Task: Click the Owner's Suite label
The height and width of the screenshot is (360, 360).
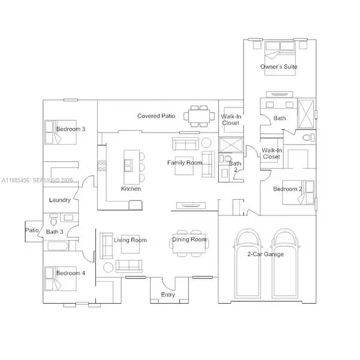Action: click(x=278, y=67)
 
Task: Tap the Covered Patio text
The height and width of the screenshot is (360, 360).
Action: click(x=156, y=116)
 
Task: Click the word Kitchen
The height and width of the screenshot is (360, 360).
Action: click(x=131, y=189)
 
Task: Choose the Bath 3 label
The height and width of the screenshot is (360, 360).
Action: click(x=55, y=232)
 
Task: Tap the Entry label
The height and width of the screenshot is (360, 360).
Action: click(x=168, y=294)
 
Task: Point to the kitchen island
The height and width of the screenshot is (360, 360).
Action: click(x=130, y=167)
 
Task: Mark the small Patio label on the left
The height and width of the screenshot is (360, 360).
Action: click(x=31, y=230)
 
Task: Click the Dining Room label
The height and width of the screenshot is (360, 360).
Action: click(x=190, y=240)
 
